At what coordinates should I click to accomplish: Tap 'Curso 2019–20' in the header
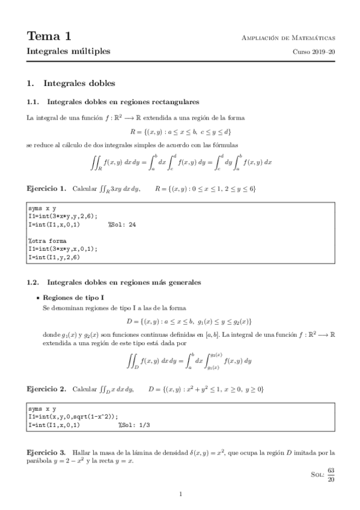(x=313, y=52)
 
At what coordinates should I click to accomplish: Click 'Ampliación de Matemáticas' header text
(x=287, y=38)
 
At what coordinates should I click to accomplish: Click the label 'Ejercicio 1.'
(x=47, y=189)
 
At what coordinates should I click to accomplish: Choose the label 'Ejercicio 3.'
(x=47, y=451)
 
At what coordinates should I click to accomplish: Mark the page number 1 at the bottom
(x=180, y=494)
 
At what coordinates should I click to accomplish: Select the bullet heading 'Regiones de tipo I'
(x=73, y=298)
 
